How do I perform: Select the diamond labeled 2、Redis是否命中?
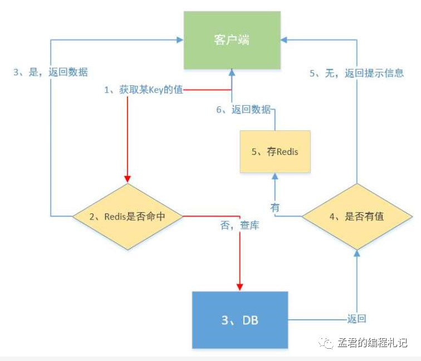[x=128, y=217]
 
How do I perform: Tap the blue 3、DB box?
[x=239, y=320]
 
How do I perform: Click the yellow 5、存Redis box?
[x=274, y=152]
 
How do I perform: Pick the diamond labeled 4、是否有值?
[x=357, y=217]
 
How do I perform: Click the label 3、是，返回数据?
[x=51, y=72]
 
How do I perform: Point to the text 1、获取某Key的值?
[x=144, y=90]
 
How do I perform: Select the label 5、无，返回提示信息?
[x=356, y=73]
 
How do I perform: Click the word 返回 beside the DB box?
[x=357, y=319]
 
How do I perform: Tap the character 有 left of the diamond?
[x=276, y=207]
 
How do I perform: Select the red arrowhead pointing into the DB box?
[x=240, y=287]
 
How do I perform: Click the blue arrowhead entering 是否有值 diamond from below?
[x=358, y=253]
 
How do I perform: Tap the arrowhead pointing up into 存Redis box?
[x=275, y=175]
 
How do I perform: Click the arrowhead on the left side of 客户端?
[x=180, y=40]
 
